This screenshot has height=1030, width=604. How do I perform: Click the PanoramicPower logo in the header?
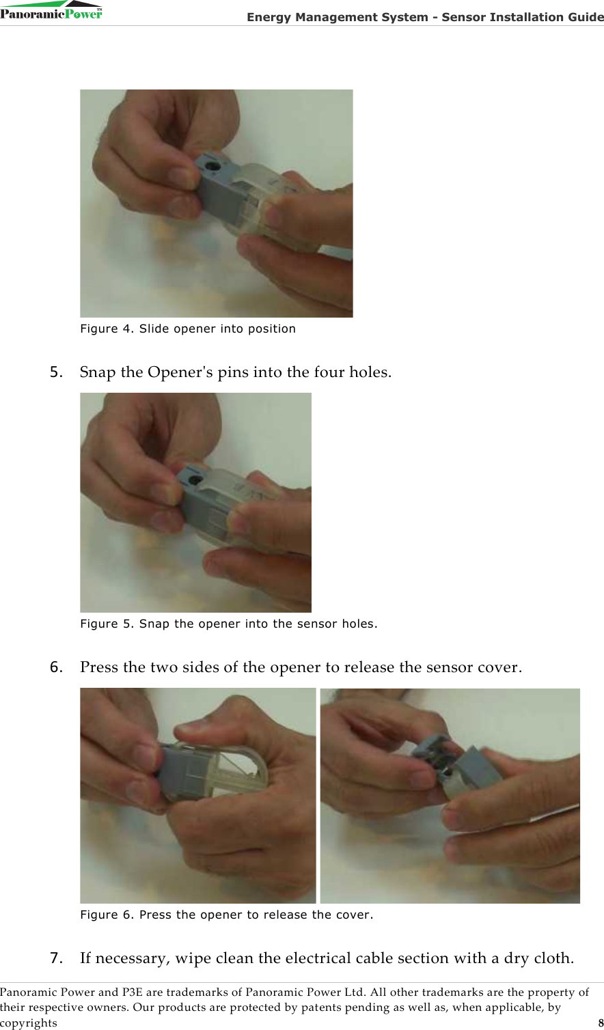pyautogui.click(x=51, y=10)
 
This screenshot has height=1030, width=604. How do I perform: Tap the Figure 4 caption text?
pyautogui.click(x=188, y=329)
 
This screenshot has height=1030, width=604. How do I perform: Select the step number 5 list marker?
pyautogui.click(x=56, y=372)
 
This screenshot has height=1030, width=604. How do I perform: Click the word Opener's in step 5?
pyautogui.click(x=180, y=372)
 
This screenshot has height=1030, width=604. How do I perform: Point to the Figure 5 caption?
pyautogui.click(x=229, y=624)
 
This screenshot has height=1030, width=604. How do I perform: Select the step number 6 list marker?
pyautogui.click(x=56, y=667)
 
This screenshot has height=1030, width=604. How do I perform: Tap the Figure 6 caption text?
pyautogui.click(x=226, y=915)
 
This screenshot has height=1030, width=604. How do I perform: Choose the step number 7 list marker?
pyautogui.click(x=56, y=958)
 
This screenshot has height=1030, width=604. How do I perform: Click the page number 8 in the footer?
pyautogui.click(x=601, y=1023)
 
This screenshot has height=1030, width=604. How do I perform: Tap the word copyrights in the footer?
pyautogui.click(x=29, y=1023)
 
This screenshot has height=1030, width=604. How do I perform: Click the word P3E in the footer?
pyautogui.click(x=132, y=992)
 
